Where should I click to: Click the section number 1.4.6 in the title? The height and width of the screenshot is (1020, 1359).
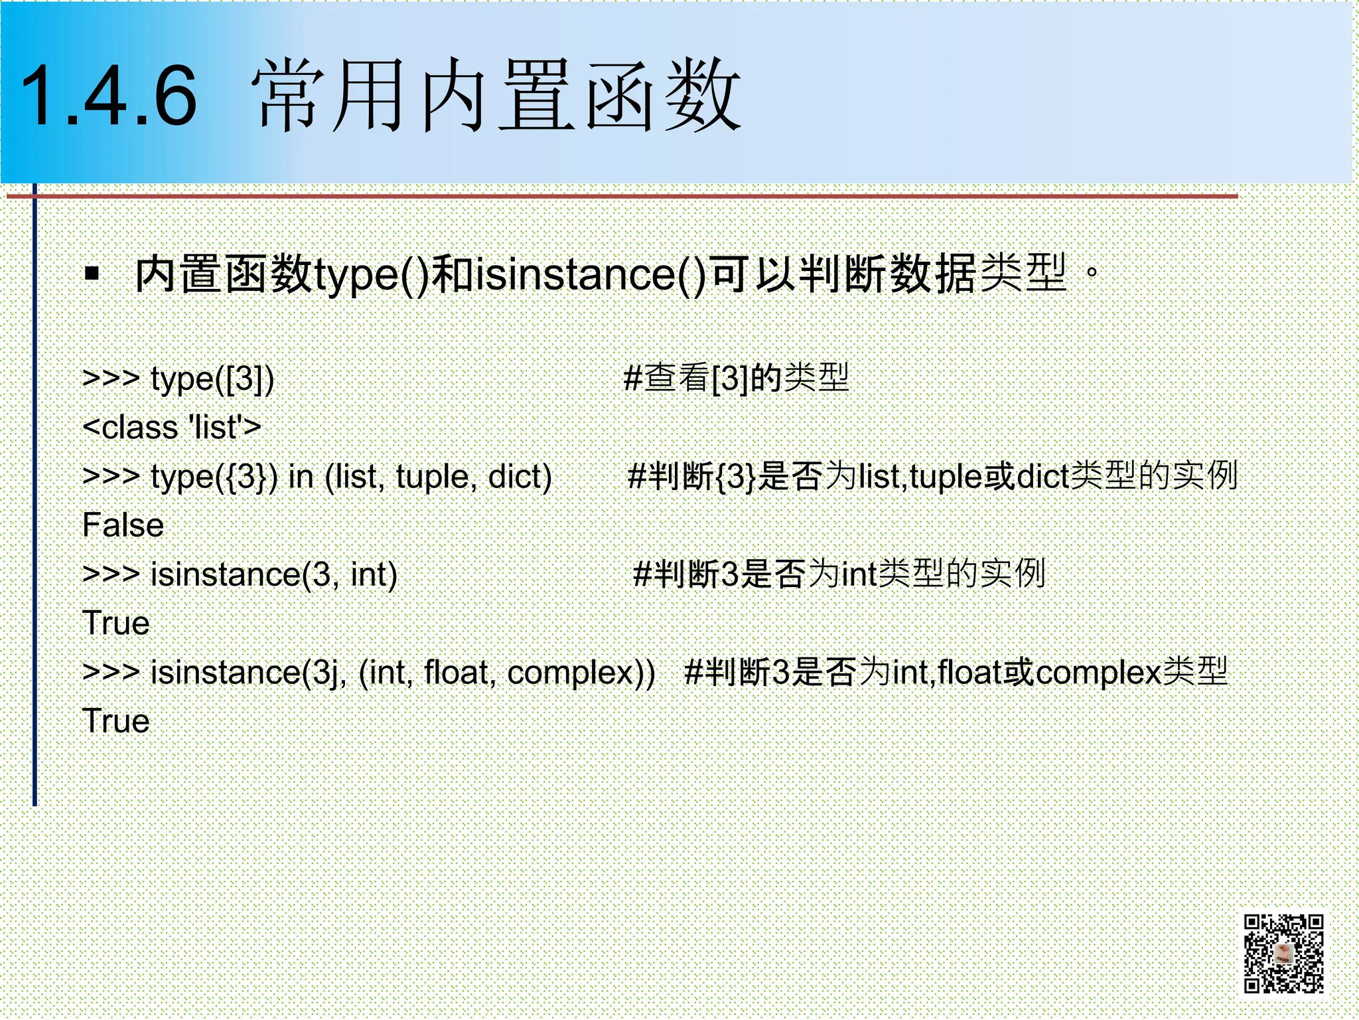click(109, 97)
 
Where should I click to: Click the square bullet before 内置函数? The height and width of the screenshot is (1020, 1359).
click(92, 273)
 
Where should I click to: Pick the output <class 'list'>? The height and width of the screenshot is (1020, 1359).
click(172, 427)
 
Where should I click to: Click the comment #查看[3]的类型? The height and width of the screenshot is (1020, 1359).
click(737, 378)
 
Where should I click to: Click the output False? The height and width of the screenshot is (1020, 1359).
click(123, 525)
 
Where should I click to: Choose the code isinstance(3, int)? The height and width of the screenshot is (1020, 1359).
click(273, 574)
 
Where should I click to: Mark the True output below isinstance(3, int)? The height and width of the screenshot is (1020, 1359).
click(116, 624)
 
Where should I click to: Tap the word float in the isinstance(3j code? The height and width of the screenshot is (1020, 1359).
click(459, 673)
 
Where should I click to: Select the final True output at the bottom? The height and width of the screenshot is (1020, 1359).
click(116, 722)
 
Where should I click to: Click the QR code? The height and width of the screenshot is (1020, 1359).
click(1283, 954)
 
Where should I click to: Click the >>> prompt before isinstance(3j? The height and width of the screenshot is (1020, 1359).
click(111, 673)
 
